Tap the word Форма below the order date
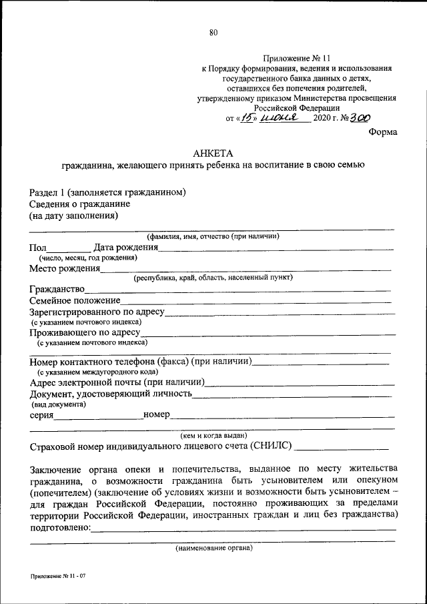pyautogui.click(x=383, y=131)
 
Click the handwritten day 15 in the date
pyautogui.click(x=248, y=118)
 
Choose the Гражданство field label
pyautogui.click(x=57, y=290)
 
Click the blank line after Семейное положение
pyautogui.click(x=257, y=302)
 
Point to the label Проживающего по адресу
pyautogui.click(x=84, y=332)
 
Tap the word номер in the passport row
pyautogui.click(x=157, y=415)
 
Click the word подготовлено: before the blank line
pyautogui.click(x=59, y=529)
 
